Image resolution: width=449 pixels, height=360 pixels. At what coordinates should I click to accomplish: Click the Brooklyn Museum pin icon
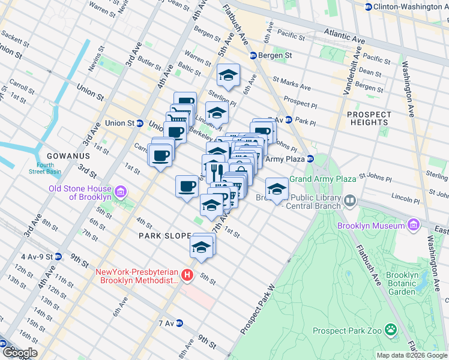(414, 226)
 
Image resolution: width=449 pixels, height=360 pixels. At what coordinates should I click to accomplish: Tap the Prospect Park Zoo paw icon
(391, 330)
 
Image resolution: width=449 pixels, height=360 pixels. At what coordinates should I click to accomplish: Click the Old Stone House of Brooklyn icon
(121, 193)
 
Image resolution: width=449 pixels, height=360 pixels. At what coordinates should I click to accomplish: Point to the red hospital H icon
(187, 275)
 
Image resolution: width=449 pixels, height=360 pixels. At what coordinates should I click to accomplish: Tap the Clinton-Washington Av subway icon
(367, 6)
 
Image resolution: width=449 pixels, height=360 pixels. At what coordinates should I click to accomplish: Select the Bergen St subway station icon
(253, 55)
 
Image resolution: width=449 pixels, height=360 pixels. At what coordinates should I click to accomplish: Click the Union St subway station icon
(139, 123)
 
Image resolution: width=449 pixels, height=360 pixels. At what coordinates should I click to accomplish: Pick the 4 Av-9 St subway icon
(58, 257)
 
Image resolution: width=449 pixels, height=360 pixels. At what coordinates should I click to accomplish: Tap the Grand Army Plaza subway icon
(310, 159)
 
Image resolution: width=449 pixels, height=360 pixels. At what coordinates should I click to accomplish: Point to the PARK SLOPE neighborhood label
(164, 236)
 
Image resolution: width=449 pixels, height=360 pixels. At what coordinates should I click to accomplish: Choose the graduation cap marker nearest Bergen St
(228, 74)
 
